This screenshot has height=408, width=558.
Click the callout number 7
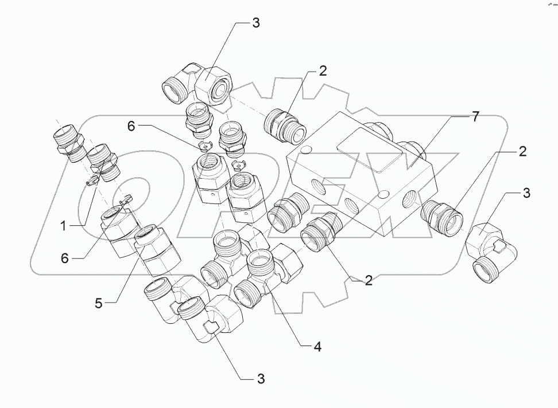(475, 117)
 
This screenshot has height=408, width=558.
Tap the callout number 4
(316, 346)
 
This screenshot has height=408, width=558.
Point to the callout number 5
(99, 303)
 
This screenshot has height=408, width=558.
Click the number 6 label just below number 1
(65, 258)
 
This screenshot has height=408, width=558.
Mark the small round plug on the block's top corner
(305, 150)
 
